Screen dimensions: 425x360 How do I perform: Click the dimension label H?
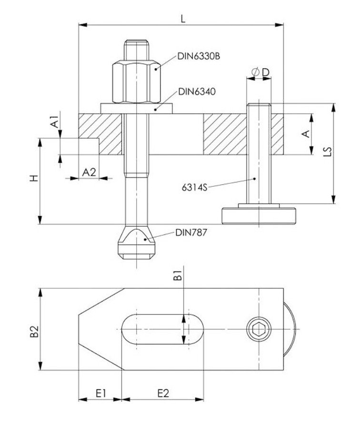click(32, 179)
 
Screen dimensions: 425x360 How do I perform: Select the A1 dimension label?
click(56, 121)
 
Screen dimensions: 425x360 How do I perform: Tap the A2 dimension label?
click(89, 172)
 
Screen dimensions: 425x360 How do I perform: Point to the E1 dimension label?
click(100, 394)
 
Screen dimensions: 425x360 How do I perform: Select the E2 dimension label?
click(162, 394)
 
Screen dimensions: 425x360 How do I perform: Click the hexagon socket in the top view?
click(259, 329)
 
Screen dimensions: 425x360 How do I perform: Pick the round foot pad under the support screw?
click(258, 216)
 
